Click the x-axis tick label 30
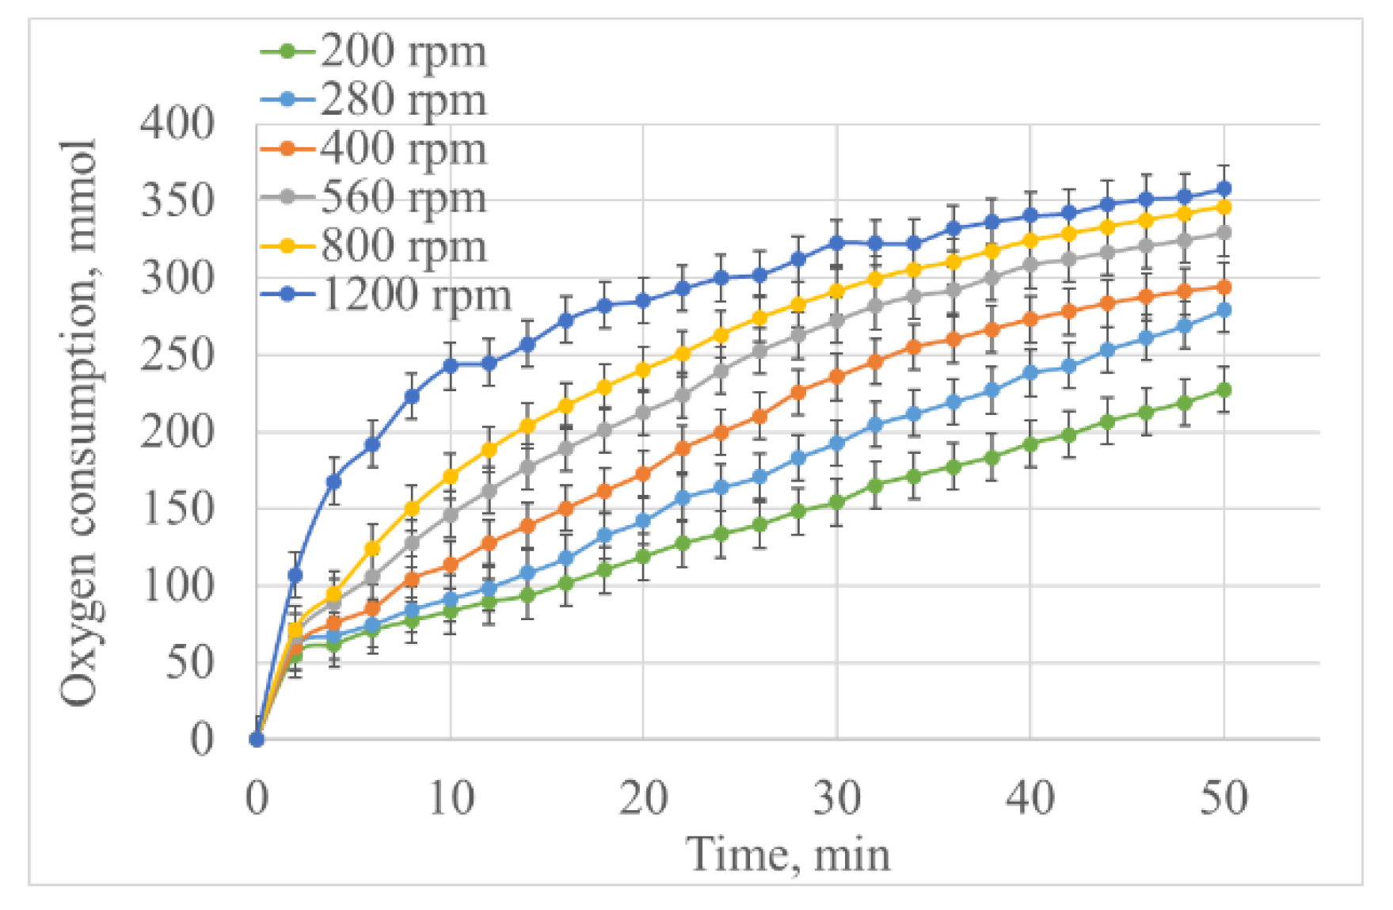836,798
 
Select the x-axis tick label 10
451,798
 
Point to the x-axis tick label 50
1224,798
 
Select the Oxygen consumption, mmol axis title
79,421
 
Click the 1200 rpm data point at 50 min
1224,188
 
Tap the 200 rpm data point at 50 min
1224,390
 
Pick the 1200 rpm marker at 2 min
295,575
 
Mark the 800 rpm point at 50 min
1224,207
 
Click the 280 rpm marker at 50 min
1224,310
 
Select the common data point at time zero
257,739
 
